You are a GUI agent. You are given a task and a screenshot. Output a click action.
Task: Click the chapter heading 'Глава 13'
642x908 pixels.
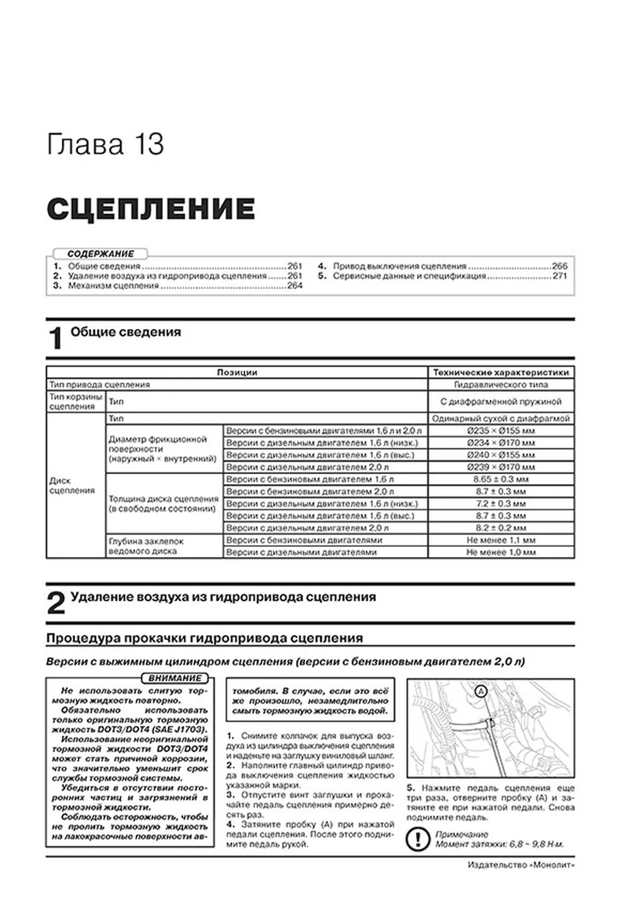(x=105, y=145)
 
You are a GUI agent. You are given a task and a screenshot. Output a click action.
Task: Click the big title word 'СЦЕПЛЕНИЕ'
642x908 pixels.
(x=151, y=209)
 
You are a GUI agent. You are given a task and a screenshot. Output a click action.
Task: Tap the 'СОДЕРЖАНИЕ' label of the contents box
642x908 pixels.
(x=100, y=254)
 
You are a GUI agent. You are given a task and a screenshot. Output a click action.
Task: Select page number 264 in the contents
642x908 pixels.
(x=295, y=286)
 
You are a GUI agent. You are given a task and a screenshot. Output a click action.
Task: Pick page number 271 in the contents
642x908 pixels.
(x=560, y=276)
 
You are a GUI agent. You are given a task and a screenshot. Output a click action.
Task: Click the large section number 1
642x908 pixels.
(x=56, y=339)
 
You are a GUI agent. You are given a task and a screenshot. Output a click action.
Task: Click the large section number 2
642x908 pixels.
(x=56, y=603)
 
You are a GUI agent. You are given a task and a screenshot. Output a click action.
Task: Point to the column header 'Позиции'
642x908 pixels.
(x=237, y=372)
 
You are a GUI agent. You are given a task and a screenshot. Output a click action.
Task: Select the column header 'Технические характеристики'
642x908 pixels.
(x=501, y=372)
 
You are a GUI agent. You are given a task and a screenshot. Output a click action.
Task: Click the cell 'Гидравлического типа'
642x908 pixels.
(x=501, y=385)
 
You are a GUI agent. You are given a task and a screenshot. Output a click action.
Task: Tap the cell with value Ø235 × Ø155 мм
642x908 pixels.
(x=501, y=431)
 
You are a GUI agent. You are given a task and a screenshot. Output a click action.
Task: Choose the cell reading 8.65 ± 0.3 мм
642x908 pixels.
(x=501, y=479)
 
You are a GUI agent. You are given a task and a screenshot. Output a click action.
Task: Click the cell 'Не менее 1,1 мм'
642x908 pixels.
(x=501, y=540)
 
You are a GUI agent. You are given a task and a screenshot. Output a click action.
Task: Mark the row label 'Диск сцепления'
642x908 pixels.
(x=72, y=485)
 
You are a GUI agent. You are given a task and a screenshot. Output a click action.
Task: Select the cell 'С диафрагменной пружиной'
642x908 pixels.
(x=501, y=401)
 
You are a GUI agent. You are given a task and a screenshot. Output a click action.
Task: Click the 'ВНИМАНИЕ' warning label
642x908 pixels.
(x=175, y=678)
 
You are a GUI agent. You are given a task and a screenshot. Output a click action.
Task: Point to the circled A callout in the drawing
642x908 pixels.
(x=481, y=692)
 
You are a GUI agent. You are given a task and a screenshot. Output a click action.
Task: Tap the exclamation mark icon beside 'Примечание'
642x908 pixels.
(x=417, y=839)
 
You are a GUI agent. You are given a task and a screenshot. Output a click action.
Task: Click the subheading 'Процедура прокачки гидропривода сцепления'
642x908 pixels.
(x=204, y=638)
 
